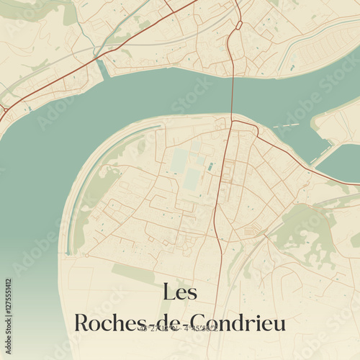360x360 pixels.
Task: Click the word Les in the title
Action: coord(180,292)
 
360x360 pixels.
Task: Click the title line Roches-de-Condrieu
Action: coord(180,323)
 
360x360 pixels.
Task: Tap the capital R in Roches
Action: coord(83,323)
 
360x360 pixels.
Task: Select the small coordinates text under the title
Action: coord(180,329)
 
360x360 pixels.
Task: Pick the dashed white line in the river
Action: coord(286,125)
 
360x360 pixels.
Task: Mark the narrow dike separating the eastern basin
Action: coord(322,153)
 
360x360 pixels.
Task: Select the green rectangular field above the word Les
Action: coord(133,274)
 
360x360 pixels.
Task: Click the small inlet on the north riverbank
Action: coord(103,70)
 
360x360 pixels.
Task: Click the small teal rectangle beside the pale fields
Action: coord(210,167)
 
